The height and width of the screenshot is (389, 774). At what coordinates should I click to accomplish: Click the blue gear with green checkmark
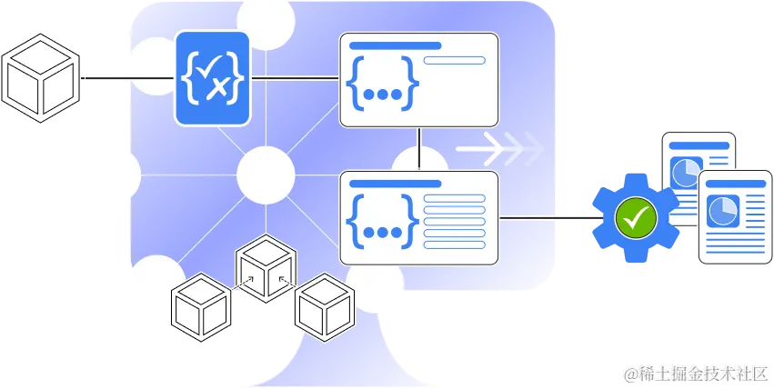click(635, 216)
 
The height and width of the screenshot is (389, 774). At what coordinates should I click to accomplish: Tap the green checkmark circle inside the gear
click(635, 217)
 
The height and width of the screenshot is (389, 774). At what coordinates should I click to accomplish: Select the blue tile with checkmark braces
click(212, 78)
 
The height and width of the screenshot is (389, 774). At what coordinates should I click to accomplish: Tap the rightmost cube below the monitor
click(325, 306)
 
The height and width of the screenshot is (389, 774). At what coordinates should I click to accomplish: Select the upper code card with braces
click(418, 80)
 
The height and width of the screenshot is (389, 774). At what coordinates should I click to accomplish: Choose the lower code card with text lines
click(418, 218)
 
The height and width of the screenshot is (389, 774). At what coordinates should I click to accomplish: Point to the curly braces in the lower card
click(382, 221)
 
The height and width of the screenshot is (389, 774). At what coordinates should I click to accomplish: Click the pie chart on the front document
click(723, 206)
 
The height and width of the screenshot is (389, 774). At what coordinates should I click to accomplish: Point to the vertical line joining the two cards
click(418, 147)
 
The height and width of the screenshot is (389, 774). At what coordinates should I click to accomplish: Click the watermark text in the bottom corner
click(695, 373)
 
